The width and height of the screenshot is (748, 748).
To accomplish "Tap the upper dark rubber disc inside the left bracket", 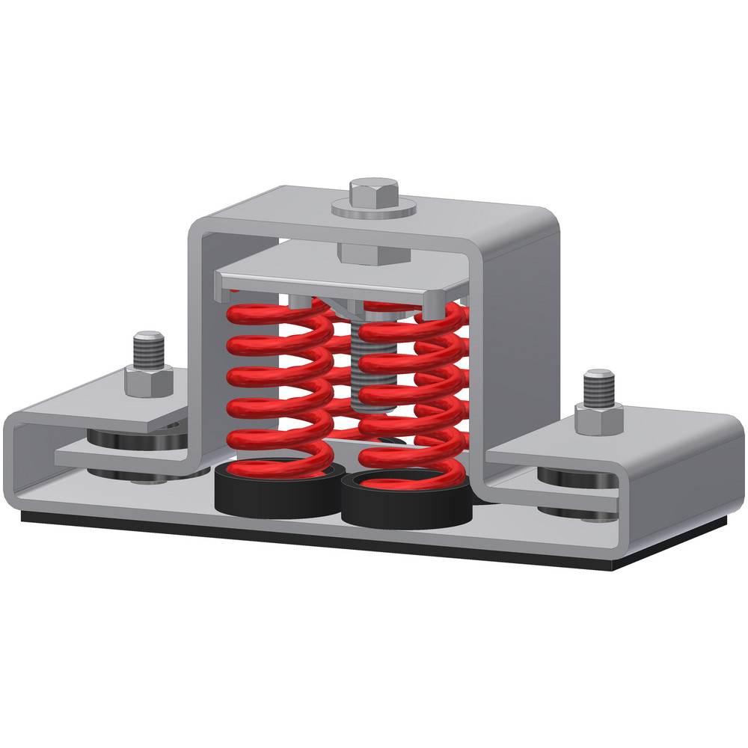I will [x=120, y=437].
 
